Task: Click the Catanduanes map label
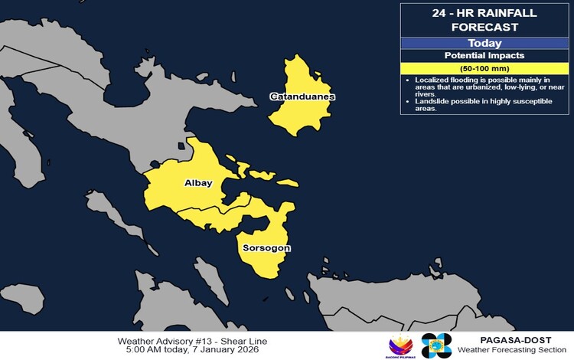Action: pos(302,97)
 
